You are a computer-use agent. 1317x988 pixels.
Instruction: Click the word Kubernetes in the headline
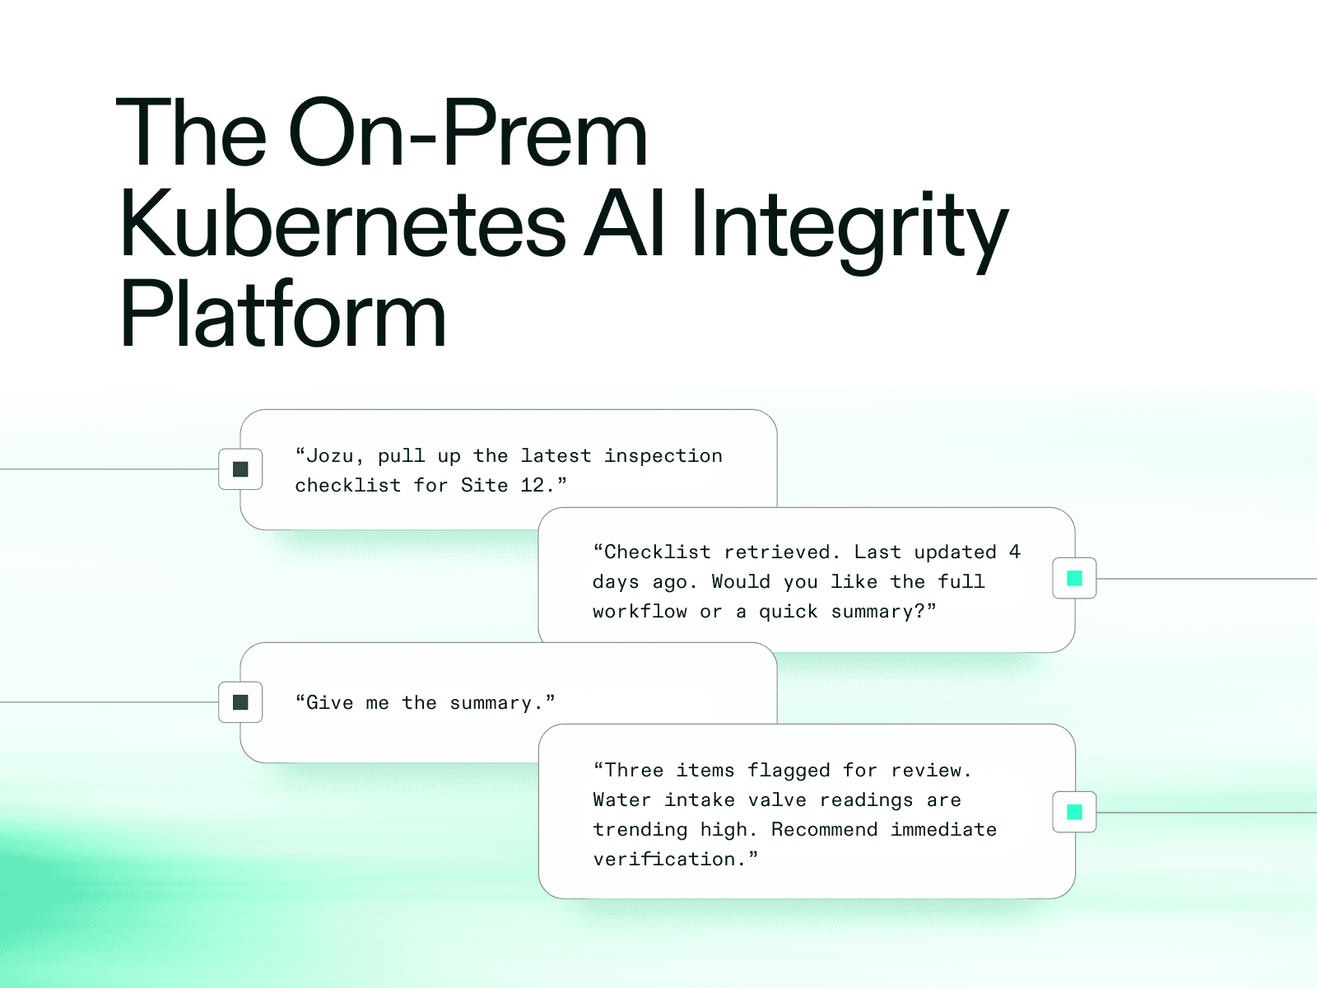(x=342, y=225)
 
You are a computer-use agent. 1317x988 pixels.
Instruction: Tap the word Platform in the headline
(x=282, y=315)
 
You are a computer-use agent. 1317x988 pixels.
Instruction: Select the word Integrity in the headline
(x=849, y=225)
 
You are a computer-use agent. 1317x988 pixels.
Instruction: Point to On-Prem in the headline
(x=468, y=134)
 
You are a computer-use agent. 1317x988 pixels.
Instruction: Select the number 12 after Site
(x=533, y=486)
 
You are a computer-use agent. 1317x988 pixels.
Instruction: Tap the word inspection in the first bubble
(x=663, y=456)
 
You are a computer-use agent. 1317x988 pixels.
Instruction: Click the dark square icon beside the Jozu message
(x=240, y=469)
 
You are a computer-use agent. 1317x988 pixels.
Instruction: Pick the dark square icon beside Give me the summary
(x=240, y=702)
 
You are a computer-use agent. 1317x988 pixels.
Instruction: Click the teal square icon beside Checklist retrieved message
(x=1074, y=578)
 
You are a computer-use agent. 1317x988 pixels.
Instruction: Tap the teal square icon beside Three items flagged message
(x=1074, y=812)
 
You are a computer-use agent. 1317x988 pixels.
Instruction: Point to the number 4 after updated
(x=1015, y=552)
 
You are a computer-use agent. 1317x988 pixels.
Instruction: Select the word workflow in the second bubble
(x=640, y=612)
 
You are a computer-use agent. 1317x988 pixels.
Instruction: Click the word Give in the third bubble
(x=329, y=703)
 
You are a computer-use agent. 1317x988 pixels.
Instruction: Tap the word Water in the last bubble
(x=622, y=800)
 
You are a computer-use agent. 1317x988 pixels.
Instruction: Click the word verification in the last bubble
(x=663, y=860)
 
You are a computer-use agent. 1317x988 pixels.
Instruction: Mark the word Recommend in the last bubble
(x=824, y=830)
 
